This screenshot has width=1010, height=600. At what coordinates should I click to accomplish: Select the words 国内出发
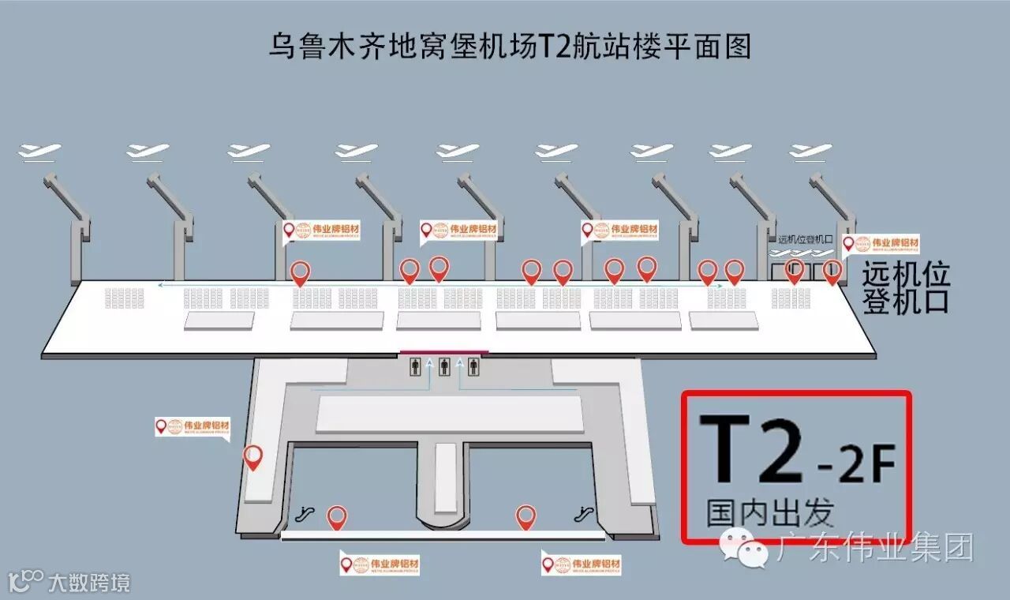pos(769,513)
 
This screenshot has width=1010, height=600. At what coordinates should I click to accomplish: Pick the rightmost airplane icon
pos(811,150)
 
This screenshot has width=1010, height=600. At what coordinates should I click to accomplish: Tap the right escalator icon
pos(585,514)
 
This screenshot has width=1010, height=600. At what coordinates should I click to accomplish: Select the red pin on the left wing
pos(252,458)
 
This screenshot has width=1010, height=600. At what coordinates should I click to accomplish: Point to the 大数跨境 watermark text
pos(88,583)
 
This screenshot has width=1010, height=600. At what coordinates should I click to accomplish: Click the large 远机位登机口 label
pos(905,288)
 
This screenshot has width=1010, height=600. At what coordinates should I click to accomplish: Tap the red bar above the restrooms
pos(444,352)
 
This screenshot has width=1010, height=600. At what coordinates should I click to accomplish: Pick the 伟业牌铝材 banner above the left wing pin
pos(193,427)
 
